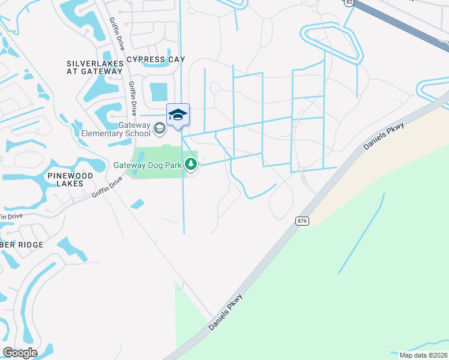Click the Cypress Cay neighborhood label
pos(155,59)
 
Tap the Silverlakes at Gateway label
pos(94,67)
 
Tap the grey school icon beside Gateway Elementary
pos(160,128)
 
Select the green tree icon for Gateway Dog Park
pos(191,164)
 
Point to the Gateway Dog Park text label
pos(149,164)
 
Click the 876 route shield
pos(302,221)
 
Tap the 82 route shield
pos(349,2)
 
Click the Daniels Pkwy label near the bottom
pos(227,311)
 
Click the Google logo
pos(20,353)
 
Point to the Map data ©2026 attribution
pos(424,355)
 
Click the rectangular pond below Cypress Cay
pos(159,92)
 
